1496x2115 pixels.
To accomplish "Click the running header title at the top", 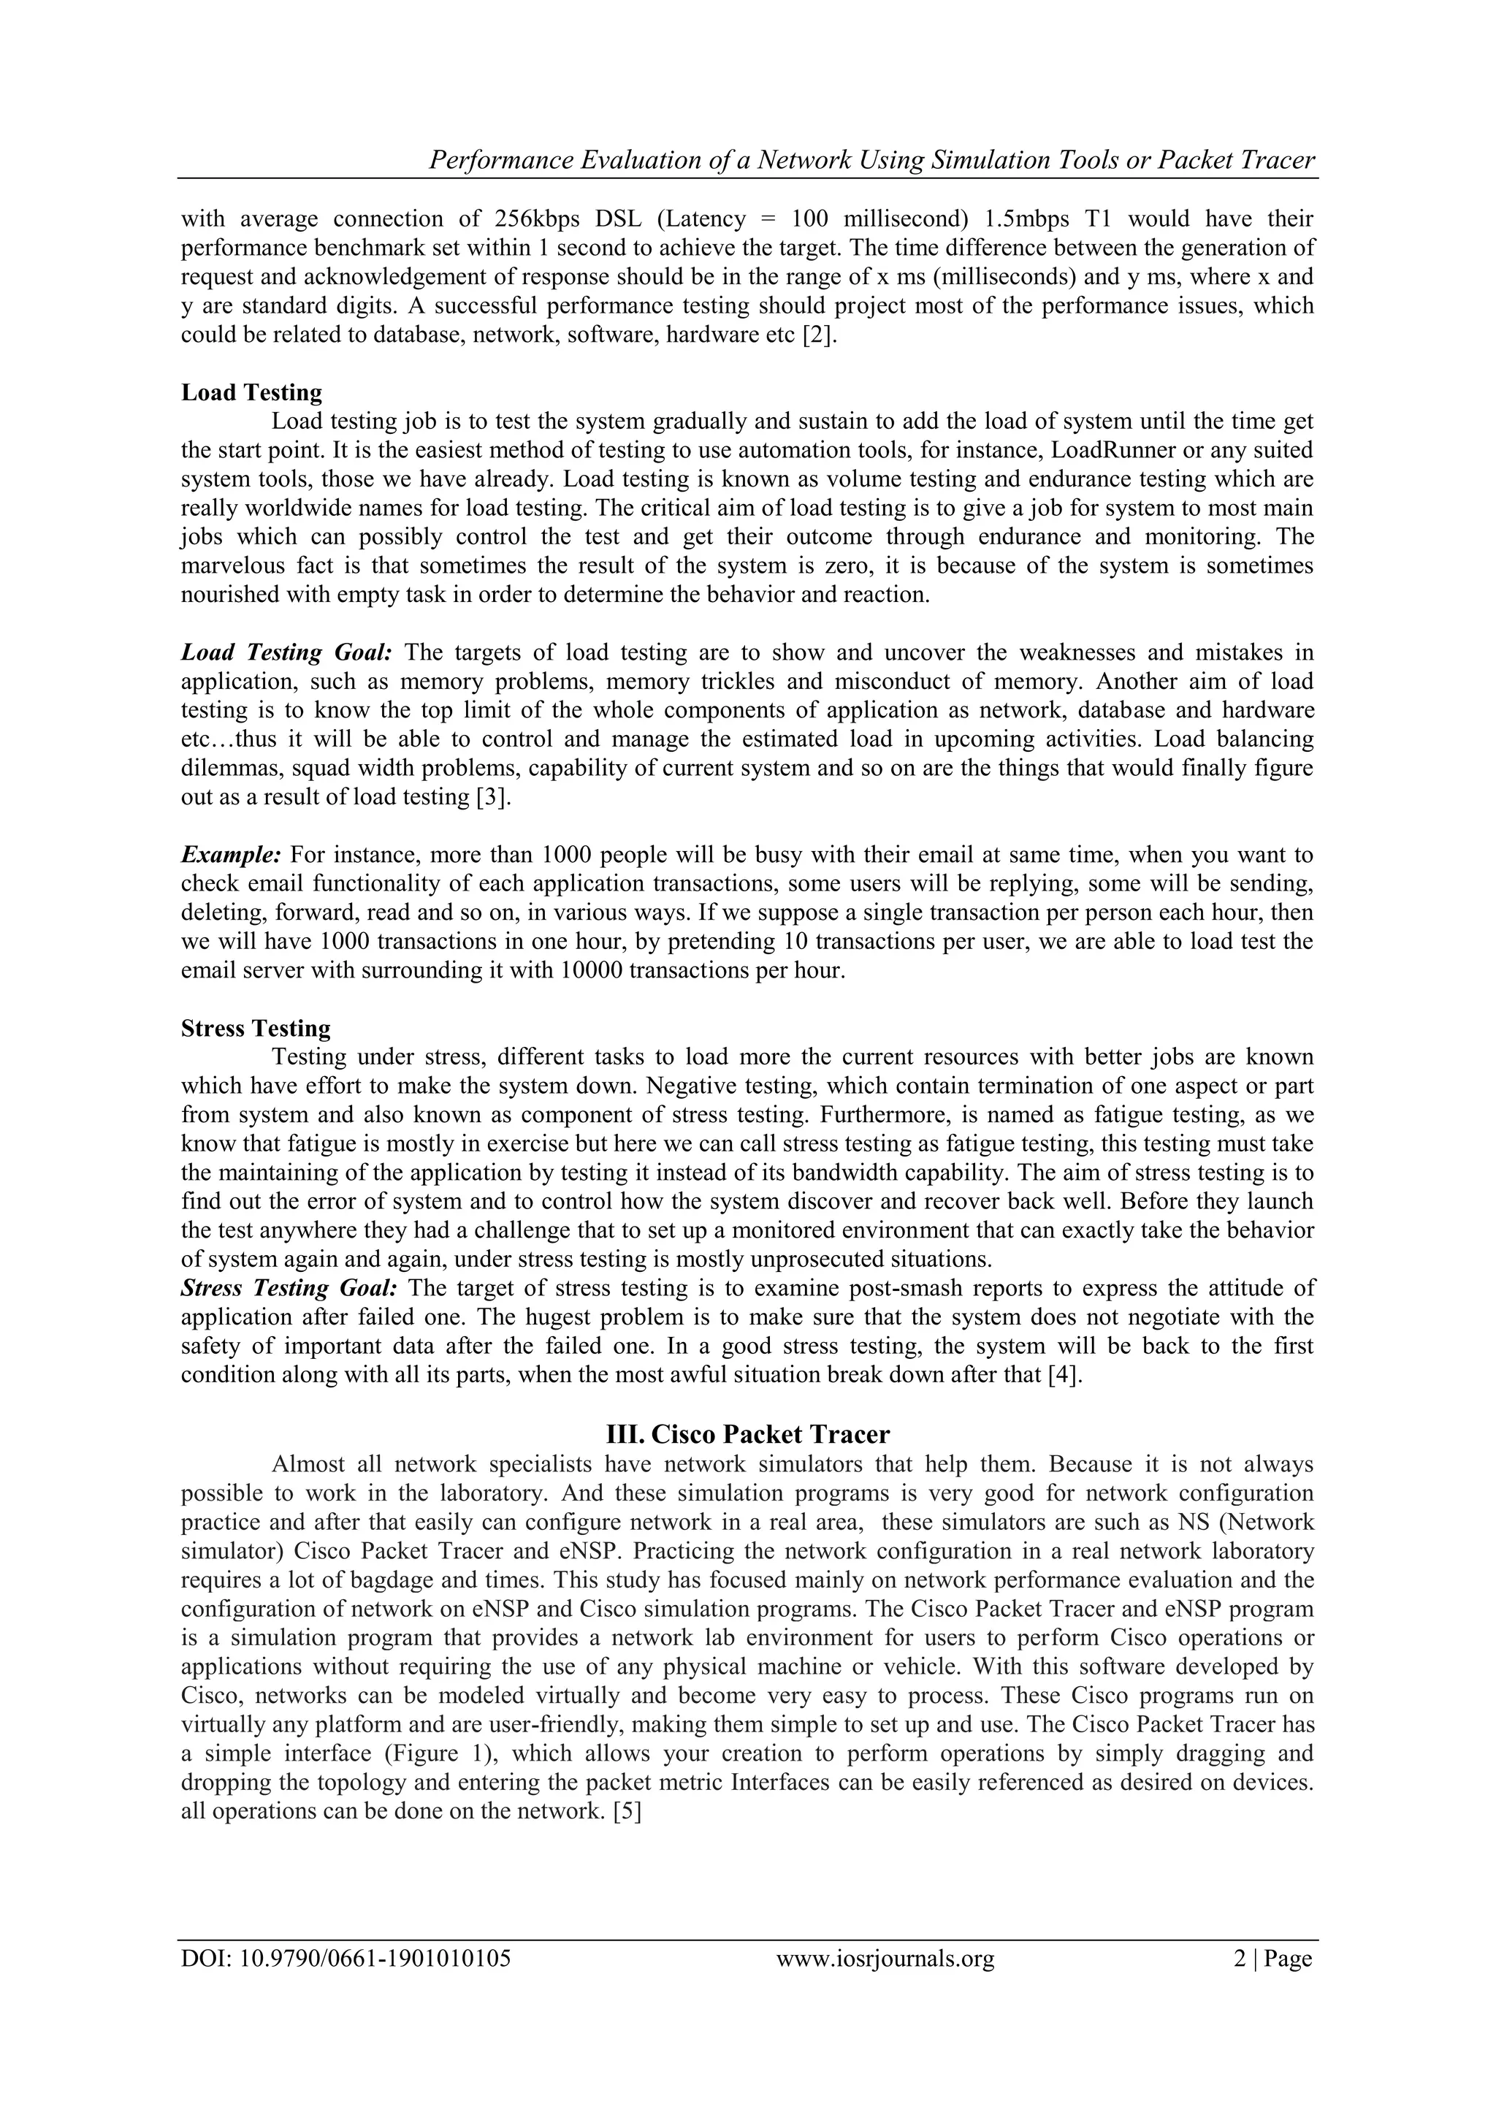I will pyautogui.click(x=871, y=160).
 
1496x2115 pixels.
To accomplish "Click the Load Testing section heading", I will pyautogui.click(x=251, y=392).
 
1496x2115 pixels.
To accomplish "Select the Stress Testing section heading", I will pyautogui.click(x=255, y=1028).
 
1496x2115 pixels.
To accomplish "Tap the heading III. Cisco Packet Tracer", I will pyautogui.click(x=747, y=1433).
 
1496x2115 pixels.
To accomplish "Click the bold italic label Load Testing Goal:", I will pyautogui.click(x=286, y=652).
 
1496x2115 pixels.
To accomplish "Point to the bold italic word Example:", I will pyautogui.click(x=230, y=854).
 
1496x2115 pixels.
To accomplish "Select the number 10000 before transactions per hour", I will pyautogui.click(x=589, y=970).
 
